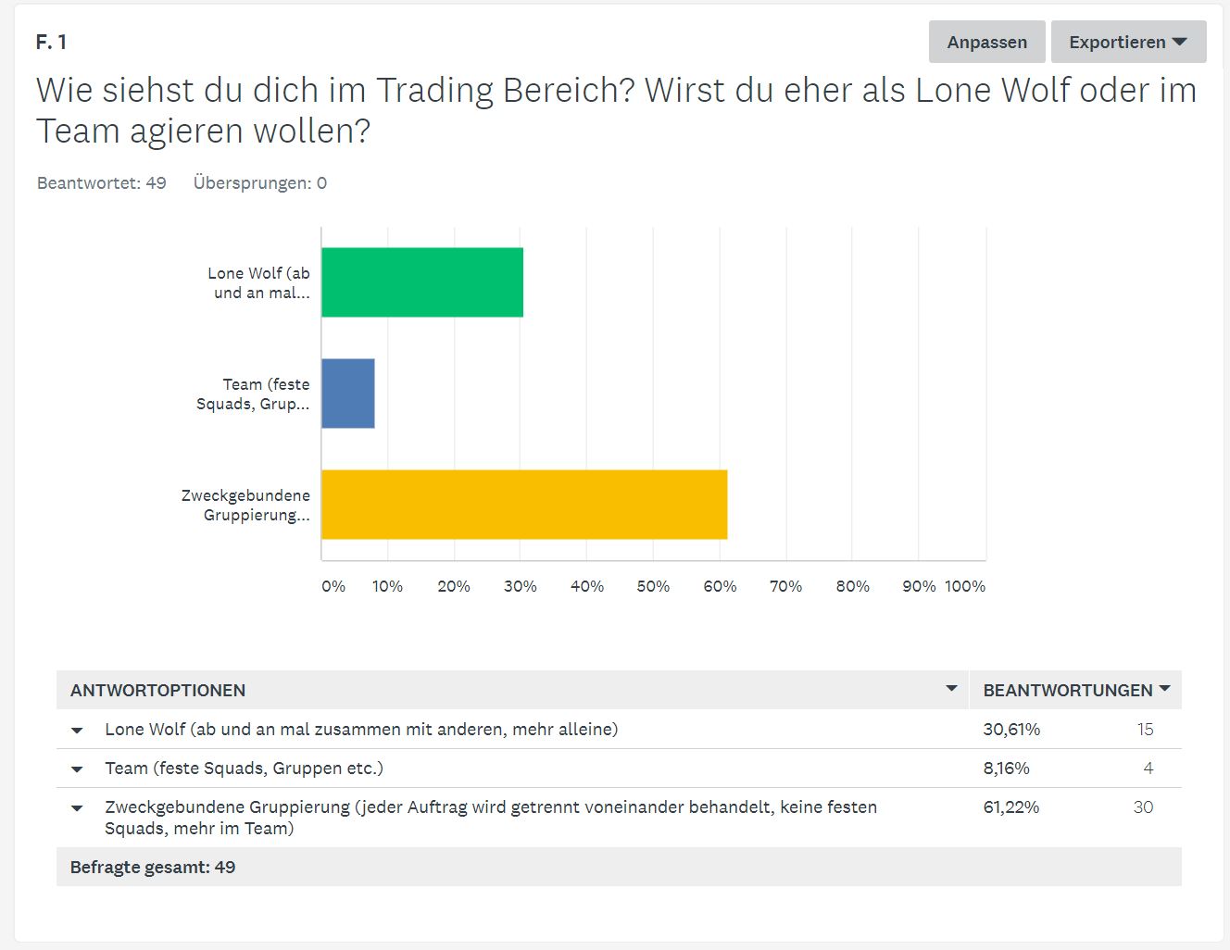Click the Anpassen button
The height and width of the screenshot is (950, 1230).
point(986,43)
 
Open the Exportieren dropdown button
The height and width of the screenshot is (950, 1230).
point(1128,43)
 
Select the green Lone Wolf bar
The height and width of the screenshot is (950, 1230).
point(422,282)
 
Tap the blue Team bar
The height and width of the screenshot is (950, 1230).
point(348,394)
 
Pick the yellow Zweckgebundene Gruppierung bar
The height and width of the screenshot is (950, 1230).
point(524,505)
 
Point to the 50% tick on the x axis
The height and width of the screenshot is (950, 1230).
point(653,586)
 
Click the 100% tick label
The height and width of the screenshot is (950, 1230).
point(965,586)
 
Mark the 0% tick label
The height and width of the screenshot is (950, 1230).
point(333,586)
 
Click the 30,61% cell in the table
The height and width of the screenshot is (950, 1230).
point(1011,730)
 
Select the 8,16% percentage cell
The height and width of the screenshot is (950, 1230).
point(1006,769)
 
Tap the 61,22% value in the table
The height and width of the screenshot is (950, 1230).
point(1011,807)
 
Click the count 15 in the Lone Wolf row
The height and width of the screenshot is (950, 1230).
point(1145,730)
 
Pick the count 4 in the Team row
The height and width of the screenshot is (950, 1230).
point(1148,769)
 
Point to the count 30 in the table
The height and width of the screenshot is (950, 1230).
point(1143,807)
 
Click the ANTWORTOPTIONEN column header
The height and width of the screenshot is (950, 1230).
point(158,691)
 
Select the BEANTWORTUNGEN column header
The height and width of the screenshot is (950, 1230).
point(1068,691)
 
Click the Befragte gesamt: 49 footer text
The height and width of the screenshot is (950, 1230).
point(153,868)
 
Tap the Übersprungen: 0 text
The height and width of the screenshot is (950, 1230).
point(260,183)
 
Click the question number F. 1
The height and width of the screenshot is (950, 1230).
point(51,43)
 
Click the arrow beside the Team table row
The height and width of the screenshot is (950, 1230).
point(77,769)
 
